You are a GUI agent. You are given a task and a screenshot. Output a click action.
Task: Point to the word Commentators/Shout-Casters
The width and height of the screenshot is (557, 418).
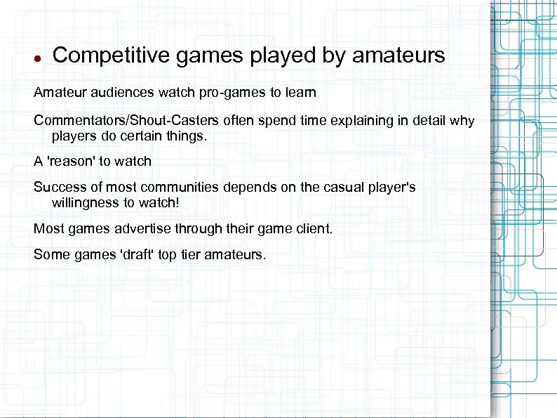tap(127, 121)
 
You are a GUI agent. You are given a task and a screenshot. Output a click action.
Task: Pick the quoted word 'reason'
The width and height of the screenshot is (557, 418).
tap(71, 161)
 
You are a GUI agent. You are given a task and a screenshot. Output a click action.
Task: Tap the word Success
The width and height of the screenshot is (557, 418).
tap(58, 188)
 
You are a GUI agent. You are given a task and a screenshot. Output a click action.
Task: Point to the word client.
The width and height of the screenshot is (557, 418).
tap(315, 228)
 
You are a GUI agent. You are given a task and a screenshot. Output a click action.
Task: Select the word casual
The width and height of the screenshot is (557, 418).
tap(333, 188)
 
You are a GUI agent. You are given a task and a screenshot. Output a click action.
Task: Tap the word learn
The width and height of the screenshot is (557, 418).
tap(301, 92)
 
